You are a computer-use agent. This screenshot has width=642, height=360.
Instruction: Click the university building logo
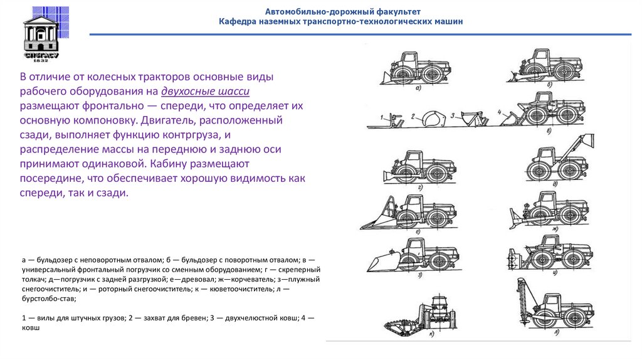click(41, 33)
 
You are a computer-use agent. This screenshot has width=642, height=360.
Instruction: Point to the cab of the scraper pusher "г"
click(413, 159)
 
